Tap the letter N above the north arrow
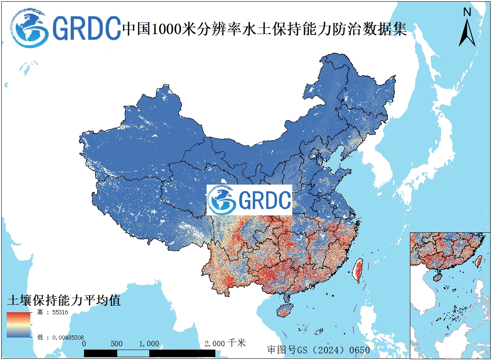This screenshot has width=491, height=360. coord(467,12)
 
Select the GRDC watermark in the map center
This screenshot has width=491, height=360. coord(249,200)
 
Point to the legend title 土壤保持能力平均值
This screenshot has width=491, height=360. coord(64,300)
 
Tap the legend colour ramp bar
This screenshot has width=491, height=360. coord(18,324)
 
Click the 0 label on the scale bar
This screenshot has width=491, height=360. coord(84,344)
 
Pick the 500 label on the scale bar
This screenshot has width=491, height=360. coord(117,344)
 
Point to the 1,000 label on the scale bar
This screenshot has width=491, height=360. coord(149,344)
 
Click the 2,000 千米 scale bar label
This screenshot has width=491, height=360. coord(225,343)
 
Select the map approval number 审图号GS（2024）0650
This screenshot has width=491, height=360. coord(318,349)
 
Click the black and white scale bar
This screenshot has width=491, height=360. coord(150,353)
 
